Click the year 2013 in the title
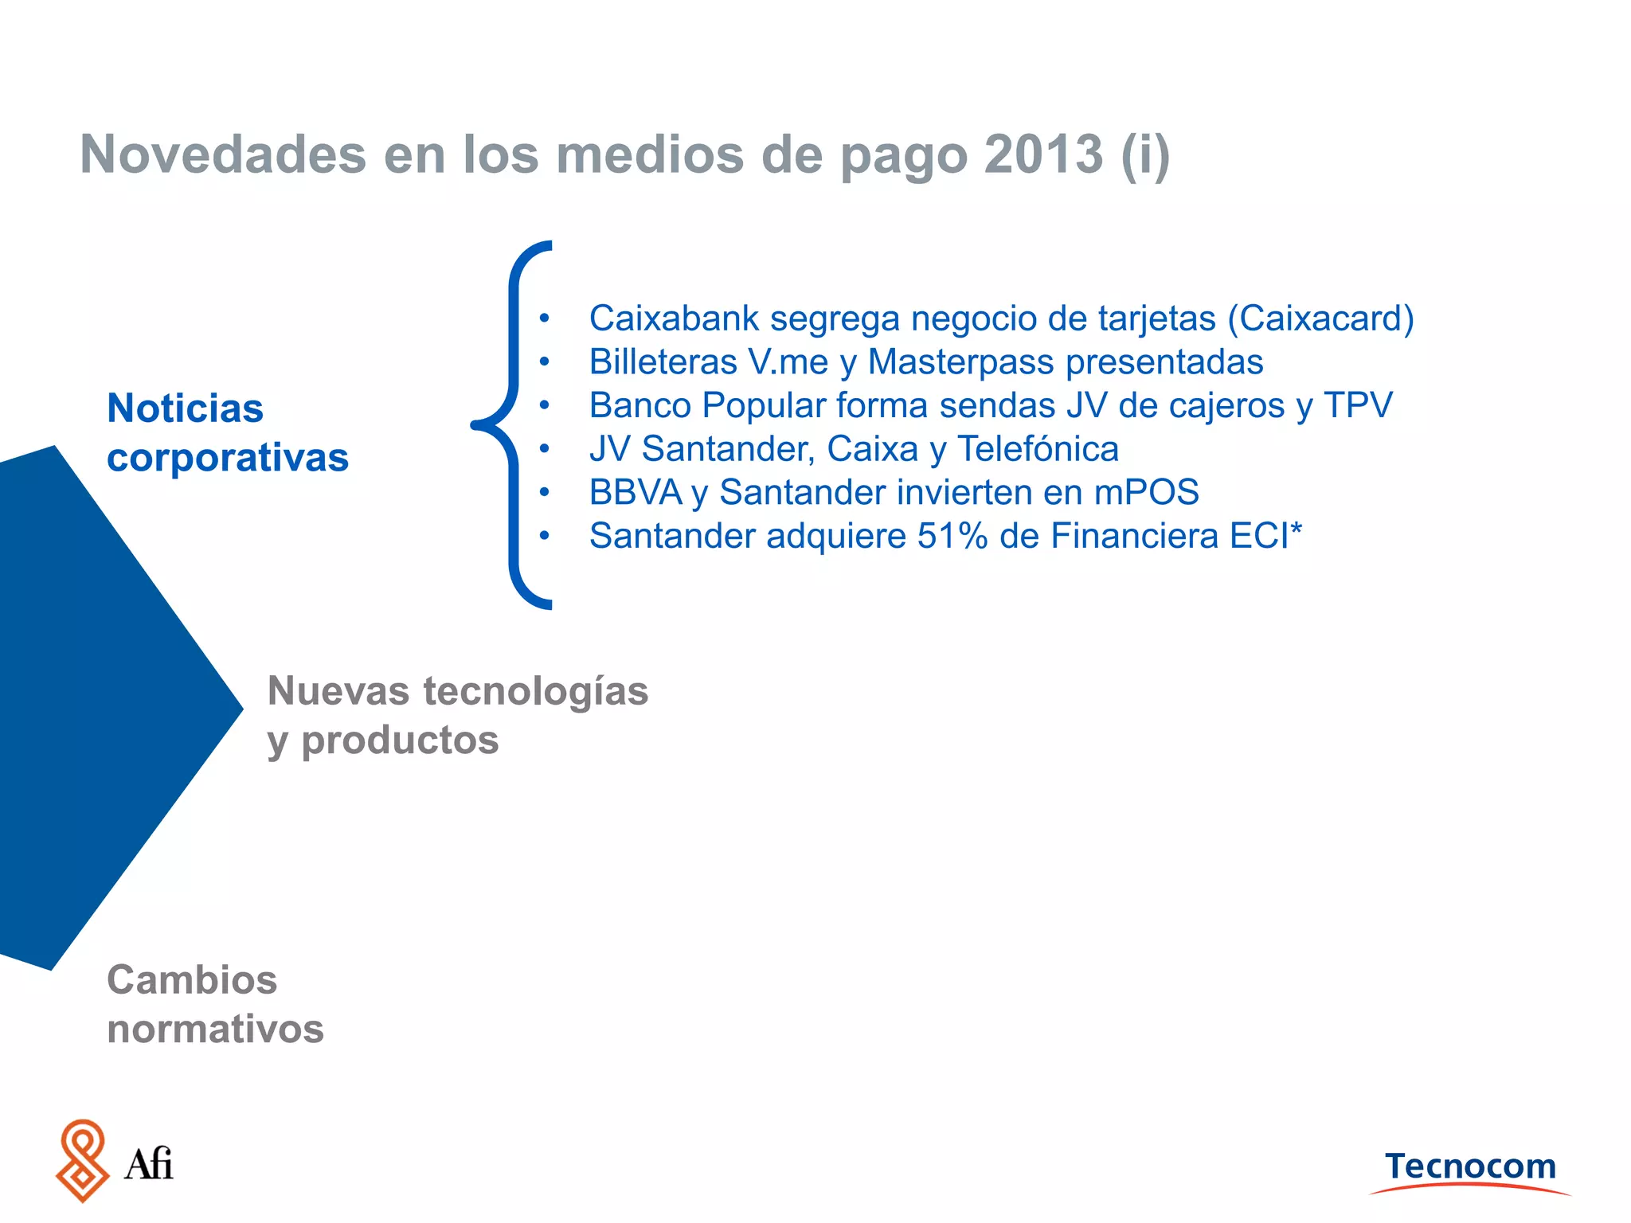[x=1043, y=154]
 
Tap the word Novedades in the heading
[x=223, y=154]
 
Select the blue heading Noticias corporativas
[x=228, y=432]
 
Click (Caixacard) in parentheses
[x=1320, y=318]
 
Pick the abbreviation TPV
[x=1359, y=405]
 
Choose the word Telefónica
[x=1038, y=449]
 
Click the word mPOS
[x=1147, y=492]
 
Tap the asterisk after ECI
[x=1297, y=529]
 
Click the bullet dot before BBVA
[x=544, y=493]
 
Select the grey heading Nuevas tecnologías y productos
[x=458, y=715]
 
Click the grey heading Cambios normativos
[x=215, y=1004]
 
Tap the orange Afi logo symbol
[x=82, y=1161]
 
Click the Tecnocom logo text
[x=1470, y=1166]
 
